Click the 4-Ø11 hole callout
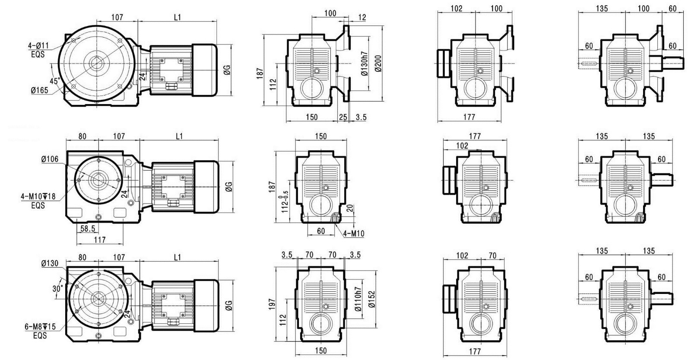tap(38, 46)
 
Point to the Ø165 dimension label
tap(39, 90)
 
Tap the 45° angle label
tap(55, 81)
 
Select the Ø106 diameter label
tap(50, 159)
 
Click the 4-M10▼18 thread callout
tap(38, 196)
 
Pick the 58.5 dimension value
tap(88, 229)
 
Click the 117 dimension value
tap(100, 239)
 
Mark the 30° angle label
tap(58, 289)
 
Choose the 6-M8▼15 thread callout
tap(40, 327)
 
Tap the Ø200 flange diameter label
tap(379, 64)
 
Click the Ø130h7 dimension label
tap(365, 64)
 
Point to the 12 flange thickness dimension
tap(362, 18)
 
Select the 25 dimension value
tap(343, 117)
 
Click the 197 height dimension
tap(272, 304)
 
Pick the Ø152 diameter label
tap(372, 299)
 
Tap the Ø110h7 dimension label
tap(358, 299)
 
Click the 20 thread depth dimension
tap(350, 208)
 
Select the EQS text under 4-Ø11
tap(38, 54)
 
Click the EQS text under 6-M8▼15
tap(40, 336)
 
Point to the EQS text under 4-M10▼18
tap(38, 205)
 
